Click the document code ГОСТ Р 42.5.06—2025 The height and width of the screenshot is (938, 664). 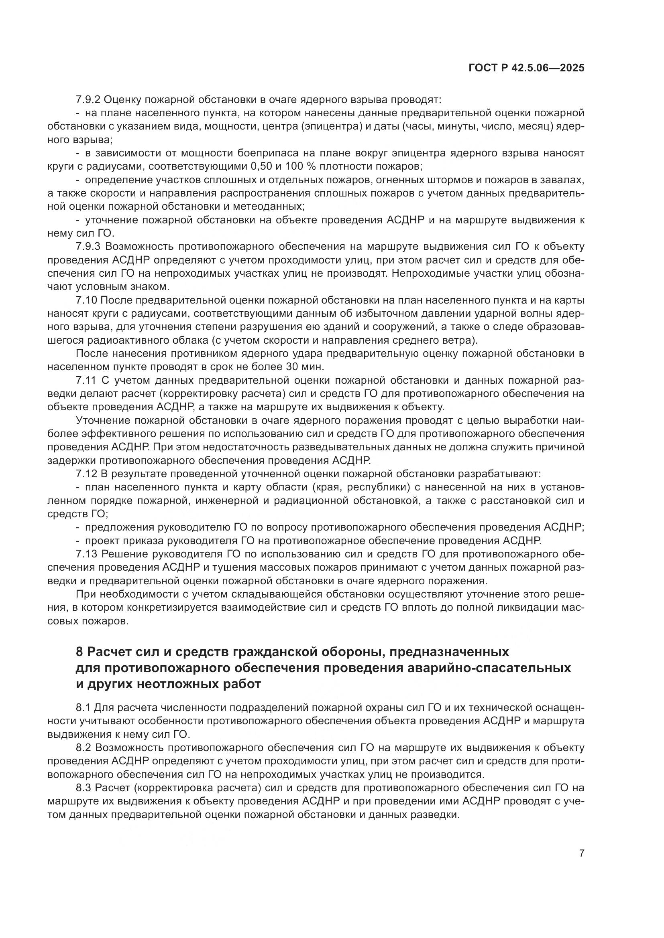(x=526, y=68)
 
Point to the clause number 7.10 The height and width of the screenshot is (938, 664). (x=86, y=300)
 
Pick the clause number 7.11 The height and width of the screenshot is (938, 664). (x=86, y=381)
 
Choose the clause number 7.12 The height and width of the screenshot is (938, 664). (x=86, y=474)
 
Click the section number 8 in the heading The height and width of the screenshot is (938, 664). (x=80, y=652)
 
